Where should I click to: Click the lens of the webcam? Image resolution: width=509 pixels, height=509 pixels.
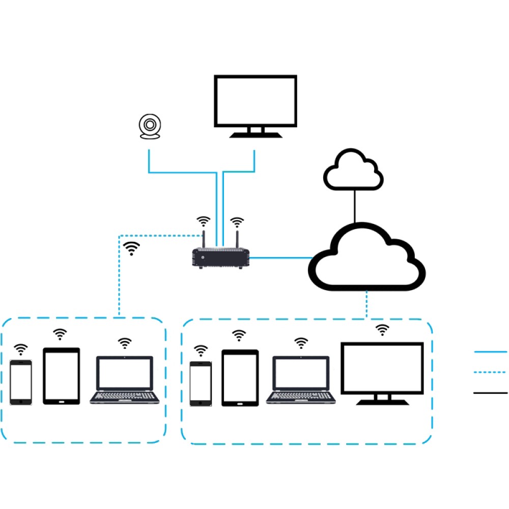(x=150, y=125)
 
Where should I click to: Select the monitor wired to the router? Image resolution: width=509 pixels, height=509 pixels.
(x=256, y=101)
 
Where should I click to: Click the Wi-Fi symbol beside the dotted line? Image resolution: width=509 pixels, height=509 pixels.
(x=132, y=248)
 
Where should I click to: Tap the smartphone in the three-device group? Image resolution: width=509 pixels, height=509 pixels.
(x=21, y=382)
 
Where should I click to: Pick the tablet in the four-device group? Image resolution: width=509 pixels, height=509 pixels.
(x=240, y=378)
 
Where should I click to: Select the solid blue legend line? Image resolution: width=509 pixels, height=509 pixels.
(x=491, y=352)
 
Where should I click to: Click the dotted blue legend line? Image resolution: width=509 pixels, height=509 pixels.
(x=491, y=373)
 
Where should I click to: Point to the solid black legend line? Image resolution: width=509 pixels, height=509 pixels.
(x=491, y=393)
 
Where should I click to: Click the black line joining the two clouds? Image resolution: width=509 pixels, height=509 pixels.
(x=355, y=206)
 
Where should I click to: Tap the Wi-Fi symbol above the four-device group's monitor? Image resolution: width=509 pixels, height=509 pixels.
(x=382, y=330)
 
